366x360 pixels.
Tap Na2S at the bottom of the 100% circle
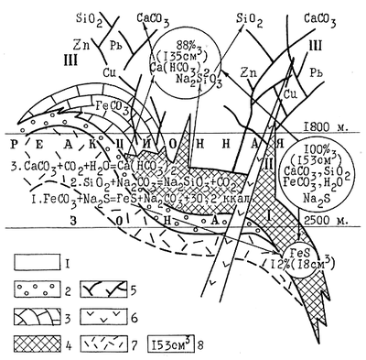(x=323, y=197)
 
